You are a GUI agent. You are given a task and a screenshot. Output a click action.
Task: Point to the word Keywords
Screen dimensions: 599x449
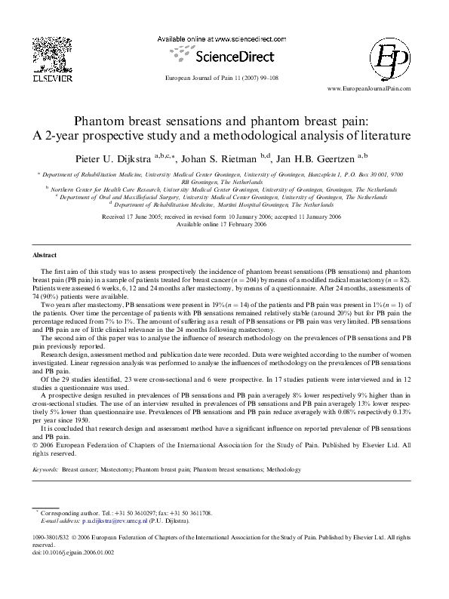click(x=45, y=469)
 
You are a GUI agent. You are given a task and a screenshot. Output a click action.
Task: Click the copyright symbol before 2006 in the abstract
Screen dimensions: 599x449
click(x=38, y=445)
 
